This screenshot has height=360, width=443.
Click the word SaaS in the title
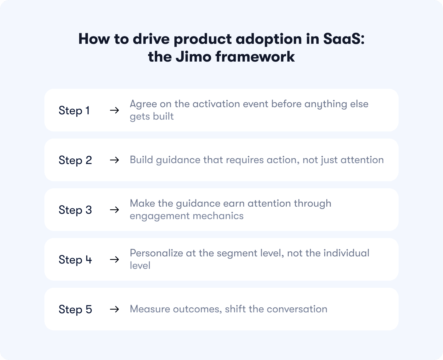[x=344, y=39]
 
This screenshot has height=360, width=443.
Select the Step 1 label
[x=74, y=110]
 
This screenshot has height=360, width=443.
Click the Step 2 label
[x=75, y=160]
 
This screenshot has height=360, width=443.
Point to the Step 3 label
[x=75, y=210]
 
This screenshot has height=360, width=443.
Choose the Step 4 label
[x=75, y=260]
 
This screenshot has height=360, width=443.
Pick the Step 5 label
[x=75, y=309]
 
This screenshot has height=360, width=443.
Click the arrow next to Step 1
[x=114, y=110]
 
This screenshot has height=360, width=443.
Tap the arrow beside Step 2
[x=114, y=160]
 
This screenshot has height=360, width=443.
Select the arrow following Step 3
[x=114, y=210]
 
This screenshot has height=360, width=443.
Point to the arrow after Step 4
[x=114, y=260]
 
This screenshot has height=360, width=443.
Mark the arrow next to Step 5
[x=114, y=309]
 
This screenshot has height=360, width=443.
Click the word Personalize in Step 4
[x=156, y=253]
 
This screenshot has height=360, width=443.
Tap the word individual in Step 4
[x=346, y=253]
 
